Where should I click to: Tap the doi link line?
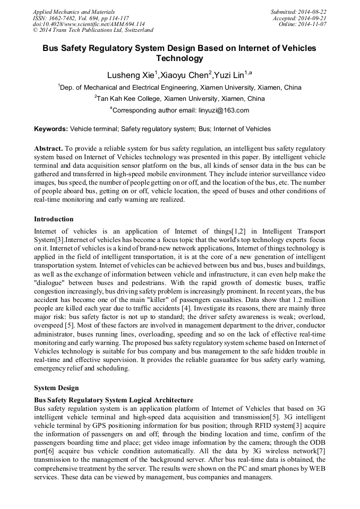[89, 24]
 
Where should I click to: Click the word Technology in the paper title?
[179, 58]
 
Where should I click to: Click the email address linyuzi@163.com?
[223, 110]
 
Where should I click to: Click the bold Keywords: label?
[50, 129]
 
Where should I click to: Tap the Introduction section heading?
[54, 219]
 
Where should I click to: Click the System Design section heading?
[56, 387]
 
